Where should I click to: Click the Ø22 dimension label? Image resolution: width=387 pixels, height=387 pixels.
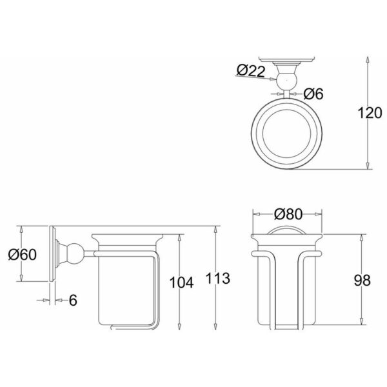coord(251,71)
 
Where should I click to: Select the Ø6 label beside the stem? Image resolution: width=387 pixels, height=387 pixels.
coord(313,94)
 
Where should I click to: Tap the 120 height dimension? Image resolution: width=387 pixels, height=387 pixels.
coord(370,113)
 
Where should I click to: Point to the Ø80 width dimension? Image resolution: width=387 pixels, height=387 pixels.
coord(288,214)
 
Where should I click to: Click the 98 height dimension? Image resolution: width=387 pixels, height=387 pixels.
coord(362,281)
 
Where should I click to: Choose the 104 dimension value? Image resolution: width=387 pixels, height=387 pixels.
coord(181,283)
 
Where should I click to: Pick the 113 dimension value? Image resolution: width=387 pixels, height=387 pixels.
coord(218,278)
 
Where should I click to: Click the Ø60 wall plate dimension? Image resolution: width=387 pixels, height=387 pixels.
coord(22,254)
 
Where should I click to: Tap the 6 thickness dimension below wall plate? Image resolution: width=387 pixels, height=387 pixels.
coord(73,300)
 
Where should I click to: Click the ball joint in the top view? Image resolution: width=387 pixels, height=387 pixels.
coord(286,81)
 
